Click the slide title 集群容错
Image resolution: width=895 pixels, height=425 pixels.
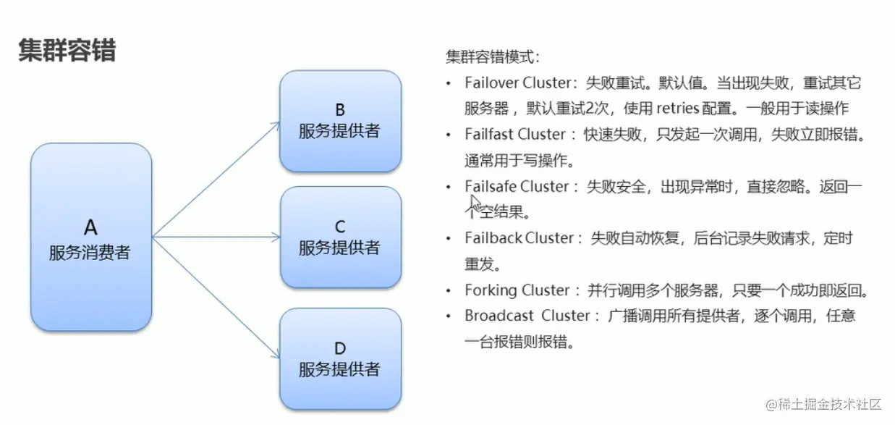click(x=67, y=51)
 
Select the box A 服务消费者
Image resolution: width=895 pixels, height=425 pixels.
click(x=90, y=237)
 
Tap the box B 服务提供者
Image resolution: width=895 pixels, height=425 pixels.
click(x=339, y=121)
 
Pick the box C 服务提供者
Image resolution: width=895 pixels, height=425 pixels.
click(x=339, y=237)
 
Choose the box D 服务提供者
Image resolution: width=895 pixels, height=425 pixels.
click(x=339, y=358)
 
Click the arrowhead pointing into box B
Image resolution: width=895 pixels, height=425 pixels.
click(x=276, y=124)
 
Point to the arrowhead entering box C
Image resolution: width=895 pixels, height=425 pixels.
click(x=276, y=237)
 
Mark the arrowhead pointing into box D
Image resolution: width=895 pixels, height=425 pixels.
click(x=276, y=355)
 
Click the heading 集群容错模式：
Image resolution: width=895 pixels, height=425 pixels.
click(x=492, y=57)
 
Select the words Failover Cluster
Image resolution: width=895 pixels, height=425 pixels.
click(x=518, y=83)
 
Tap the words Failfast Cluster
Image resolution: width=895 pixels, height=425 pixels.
click(x=514, y=134)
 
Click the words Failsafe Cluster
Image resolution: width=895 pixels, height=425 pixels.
click(x=517, y=186)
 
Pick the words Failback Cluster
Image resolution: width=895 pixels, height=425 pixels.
click(x=519, y=238)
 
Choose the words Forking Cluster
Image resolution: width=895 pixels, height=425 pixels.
click(x=517, y=290)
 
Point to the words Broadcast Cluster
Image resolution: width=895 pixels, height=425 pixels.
click(x=527, y=316)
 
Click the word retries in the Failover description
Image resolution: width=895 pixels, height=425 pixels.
click(x=677, y=109)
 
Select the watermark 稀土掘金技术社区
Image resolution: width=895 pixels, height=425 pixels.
click(x=831, y=404)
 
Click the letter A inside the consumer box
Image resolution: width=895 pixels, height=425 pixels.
click(x=90, y=227)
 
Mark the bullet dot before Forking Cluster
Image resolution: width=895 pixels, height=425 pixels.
click(x=449, y=291)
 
